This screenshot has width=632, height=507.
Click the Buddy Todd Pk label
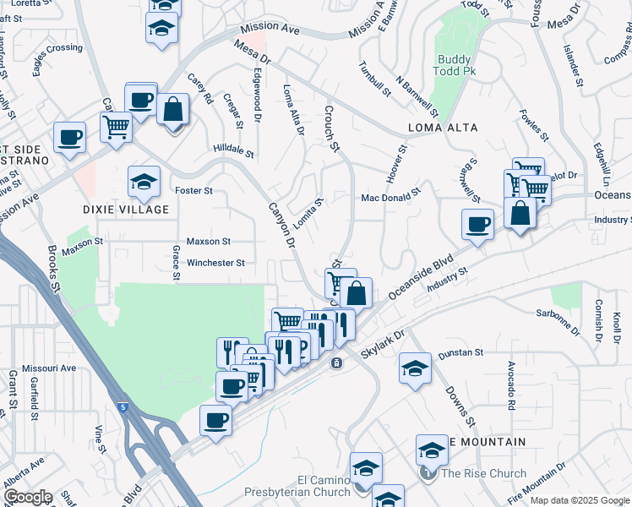click(x=457, y=66)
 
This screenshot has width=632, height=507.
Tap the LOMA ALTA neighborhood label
click(x=443, y=128)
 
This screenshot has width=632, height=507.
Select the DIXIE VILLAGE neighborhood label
click(x=125, y=210)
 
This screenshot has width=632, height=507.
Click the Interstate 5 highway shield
click(x=123, y=408)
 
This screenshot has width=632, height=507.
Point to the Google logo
click(x=27, y=498)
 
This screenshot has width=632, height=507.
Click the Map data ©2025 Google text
click(x=580, y=500)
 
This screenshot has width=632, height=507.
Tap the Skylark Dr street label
click(x=383, y=340)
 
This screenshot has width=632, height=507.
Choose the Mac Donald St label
click(x=390, y=197)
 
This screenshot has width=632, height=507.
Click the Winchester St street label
click(x=215, y=263)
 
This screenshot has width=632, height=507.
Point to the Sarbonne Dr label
click(x=558, y=324)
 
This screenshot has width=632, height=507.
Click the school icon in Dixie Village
click(x=144, y=180)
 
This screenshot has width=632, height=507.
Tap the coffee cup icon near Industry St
click(x=477, y=225)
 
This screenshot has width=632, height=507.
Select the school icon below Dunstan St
click(x=414, y=369)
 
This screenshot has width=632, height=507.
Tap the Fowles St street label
click(x=534, y=125)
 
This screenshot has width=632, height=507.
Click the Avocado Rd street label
click(x=512, y=387)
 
